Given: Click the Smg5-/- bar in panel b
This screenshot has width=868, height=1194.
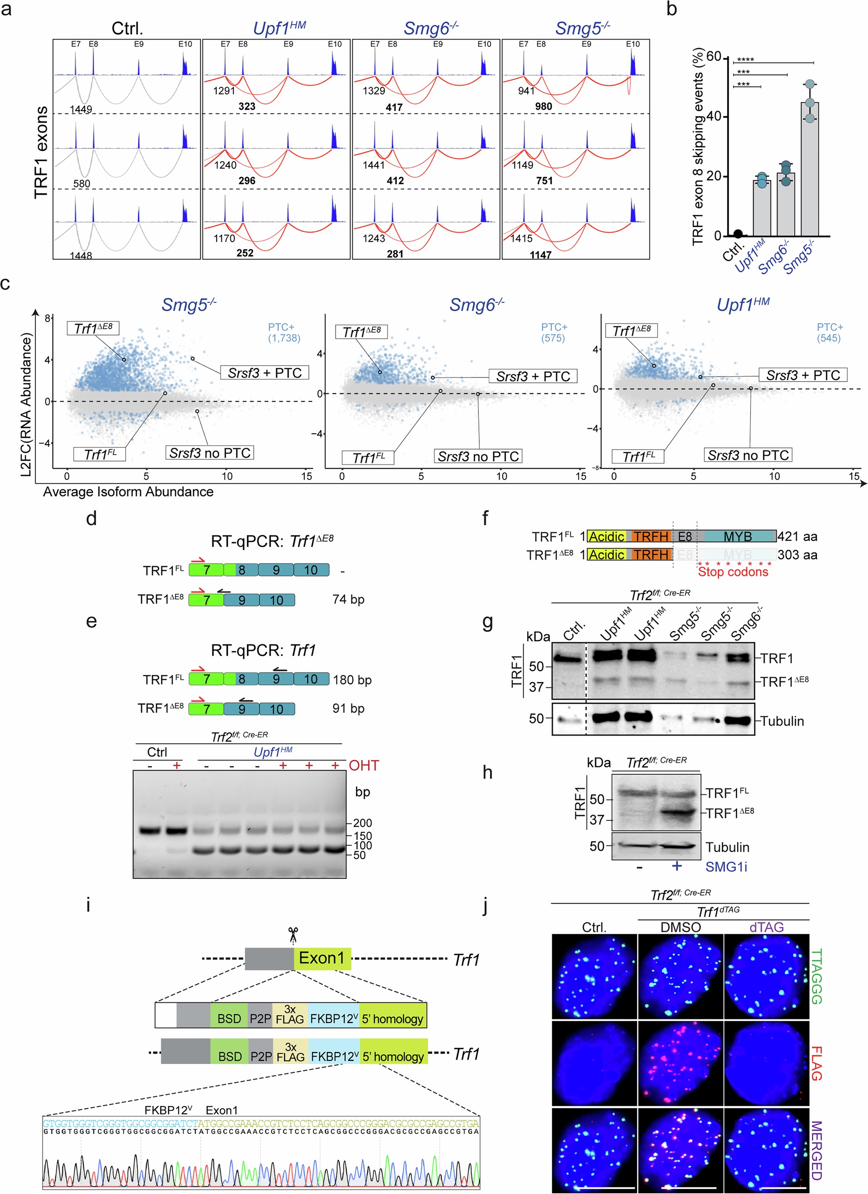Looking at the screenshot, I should pos(810,168).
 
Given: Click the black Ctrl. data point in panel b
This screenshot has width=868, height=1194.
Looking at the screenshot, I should pos(738,234).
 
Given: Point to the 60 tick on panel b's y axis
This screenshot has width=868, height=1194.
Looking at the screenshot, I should pos(713,57).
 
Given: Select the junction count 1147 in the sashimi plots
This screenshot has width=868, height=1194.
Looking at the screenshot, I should pos(541,255).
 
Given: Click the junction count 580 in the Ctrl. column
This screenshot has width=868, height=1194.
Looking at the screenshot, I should pos(82,184).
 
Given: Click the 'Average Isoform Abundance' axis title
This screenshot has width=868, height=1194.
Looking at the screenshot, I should pos(128,492).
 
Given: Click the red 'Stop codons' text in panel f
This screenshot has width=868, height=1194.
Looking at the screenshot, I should pos(733,572).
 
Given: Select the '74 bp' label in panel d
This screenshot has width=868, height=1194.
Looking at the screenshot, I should pos(348,599).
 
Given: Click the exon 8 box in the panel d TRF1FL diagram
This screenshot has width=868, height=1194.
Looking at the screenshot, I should pos(242,570).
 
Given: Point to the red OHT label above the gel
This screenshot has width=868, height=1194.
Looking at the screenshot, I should pos(364,766).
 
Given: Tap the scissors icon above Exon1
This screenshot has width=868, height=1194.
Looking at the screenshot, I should pos(293,936).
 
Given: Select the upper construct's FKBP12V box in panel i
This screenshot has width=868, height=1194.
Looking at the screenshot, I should pos(333,1018).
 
